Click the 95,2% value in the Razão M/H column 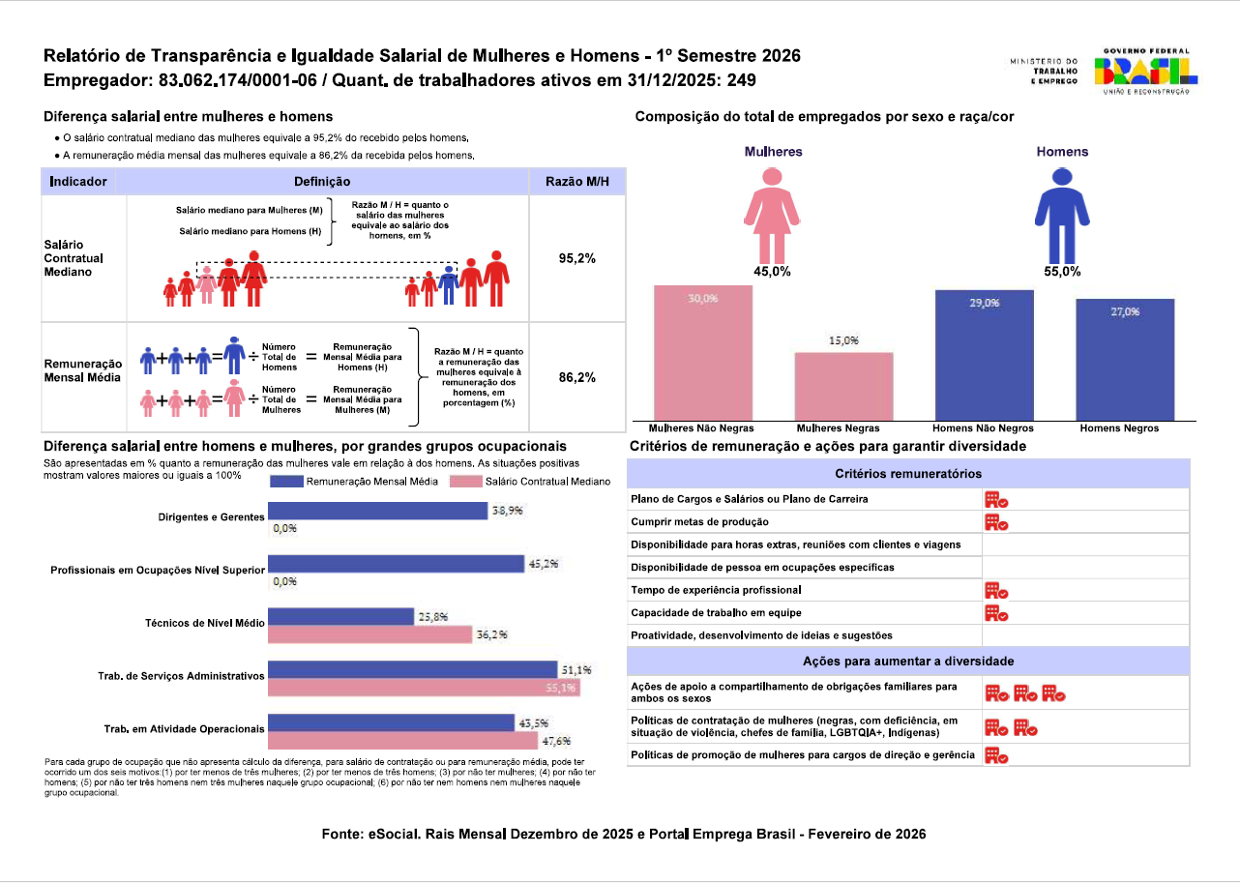click(576, 258)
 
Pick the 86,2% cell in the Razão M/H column click(576, 377)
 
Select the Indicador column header click(78, 182)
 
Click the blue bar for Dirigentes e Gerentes click(377, 511)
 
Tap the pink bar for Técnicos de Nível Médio click(369, 634)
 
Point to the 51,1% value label click(576, 669)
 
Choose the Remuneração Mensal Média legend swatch click(286, 482)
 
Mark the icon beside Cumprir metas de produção click(996, 522)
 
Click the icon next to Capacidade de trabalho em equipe click(996, 613)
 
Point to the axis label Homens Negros click(1119, 427)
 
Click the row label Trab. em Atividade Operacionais click(184, 728)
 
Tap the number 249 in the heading click(742, 80)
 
